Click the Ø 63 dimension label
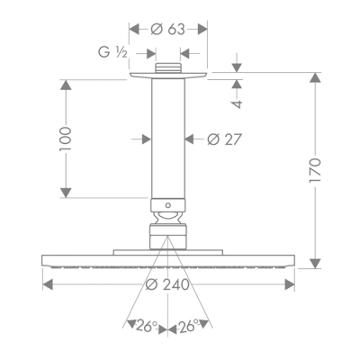pos(167,30)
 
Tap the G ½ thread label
pos(113,53)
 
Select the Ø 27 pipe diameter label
pos(224,139)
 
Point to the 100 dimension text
pos(66,139)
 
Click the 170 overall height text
pos(315,170)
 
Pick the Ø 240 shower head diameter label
pos(167,284)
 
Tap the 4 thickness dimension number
pos(237,103)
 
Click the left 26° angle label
pos(147,327)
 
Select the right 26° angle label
pos(189,326)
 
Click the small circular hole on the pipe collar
pos(168,205)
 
